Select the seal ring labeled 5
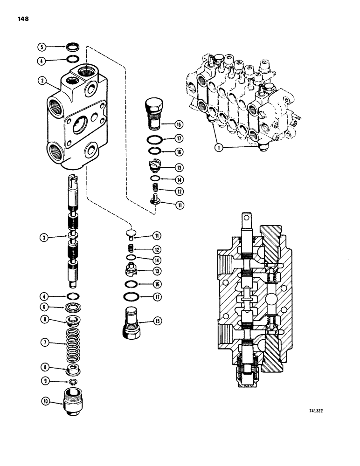pos(72,47)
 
